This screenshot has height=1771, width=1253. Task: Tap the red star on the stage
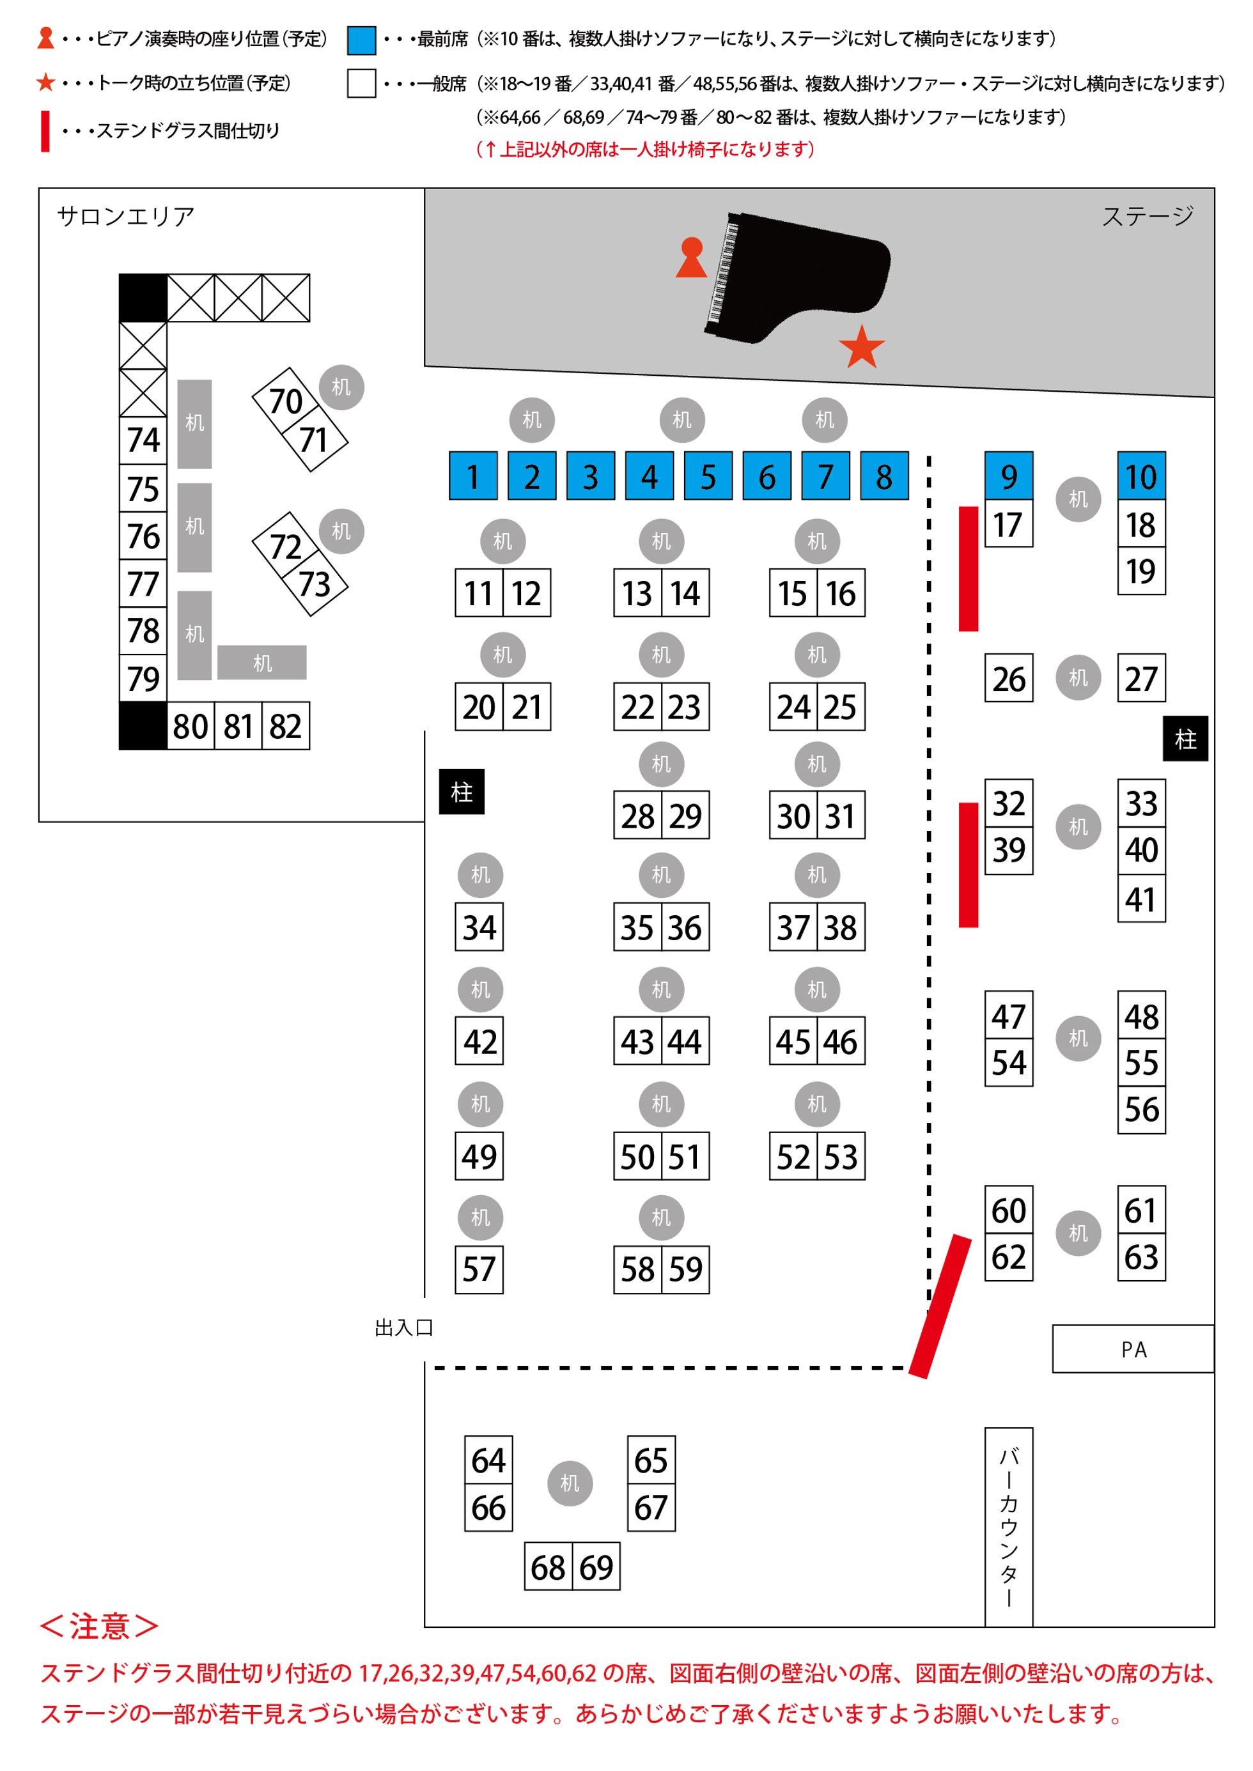coord(861,348)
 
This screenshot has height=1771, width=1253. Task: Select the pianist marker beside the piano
coord(691,258)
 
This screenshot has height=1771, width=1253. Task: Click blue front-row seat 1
coord(473,476)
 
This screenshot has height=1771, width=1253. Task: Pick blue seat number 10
coord(1141,476)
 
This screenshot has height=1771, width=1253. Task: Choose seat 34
coord(479,926)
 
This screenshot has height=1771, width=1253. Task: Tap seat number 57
coord(479,1269)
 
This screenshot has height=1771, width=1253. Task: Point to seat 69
coord(596,1566)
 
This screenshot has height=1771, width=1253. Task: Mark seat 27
coord(1141,678)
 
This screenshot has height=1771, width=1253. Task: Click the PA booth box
coord(1133,1349)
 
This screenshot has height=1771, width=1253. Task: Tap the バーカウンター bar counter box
coord(1008,1526)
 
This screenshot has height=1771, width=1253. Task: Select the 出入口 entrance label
coord(403,1327)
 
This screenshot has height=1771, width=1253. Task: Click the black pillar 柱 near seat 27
coord(1185,739)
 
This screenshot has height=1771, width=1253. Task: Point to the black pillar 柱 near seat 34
coord(462,791)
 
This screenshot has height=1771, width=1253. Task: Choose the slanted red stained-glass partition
coord(940,1306)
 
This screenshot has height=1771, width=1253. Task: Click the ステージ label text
coord(1148,216)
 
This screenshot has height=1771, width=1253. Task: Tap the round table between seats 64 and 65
coord(570,1483)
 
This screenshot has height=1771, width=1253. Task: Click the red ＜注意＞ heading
coord(100,1626)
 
